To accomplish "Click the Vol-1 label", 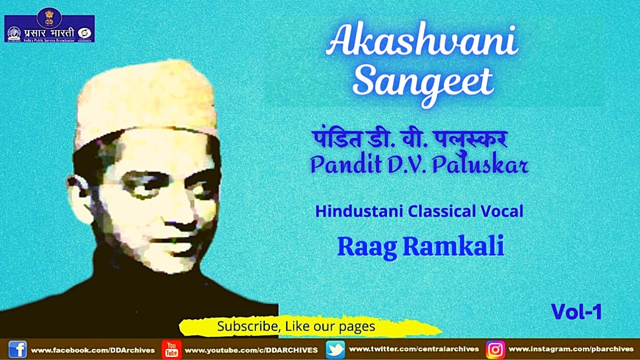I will tap(576, 312).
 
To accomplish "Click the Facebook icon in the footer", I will tap(18, 349).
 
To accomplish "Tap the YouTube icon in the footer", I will tap(171, 349).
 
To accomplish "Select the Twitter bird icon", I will tap(334, 349).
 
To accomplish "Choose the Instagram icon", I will tap(495, 349).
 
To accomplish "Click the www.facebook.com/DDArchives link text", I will tap(93, 350).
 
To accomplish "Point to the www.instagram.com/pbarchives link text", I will tap(571, 349).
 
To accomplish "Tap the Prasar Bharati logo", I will tap(49, 28).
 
